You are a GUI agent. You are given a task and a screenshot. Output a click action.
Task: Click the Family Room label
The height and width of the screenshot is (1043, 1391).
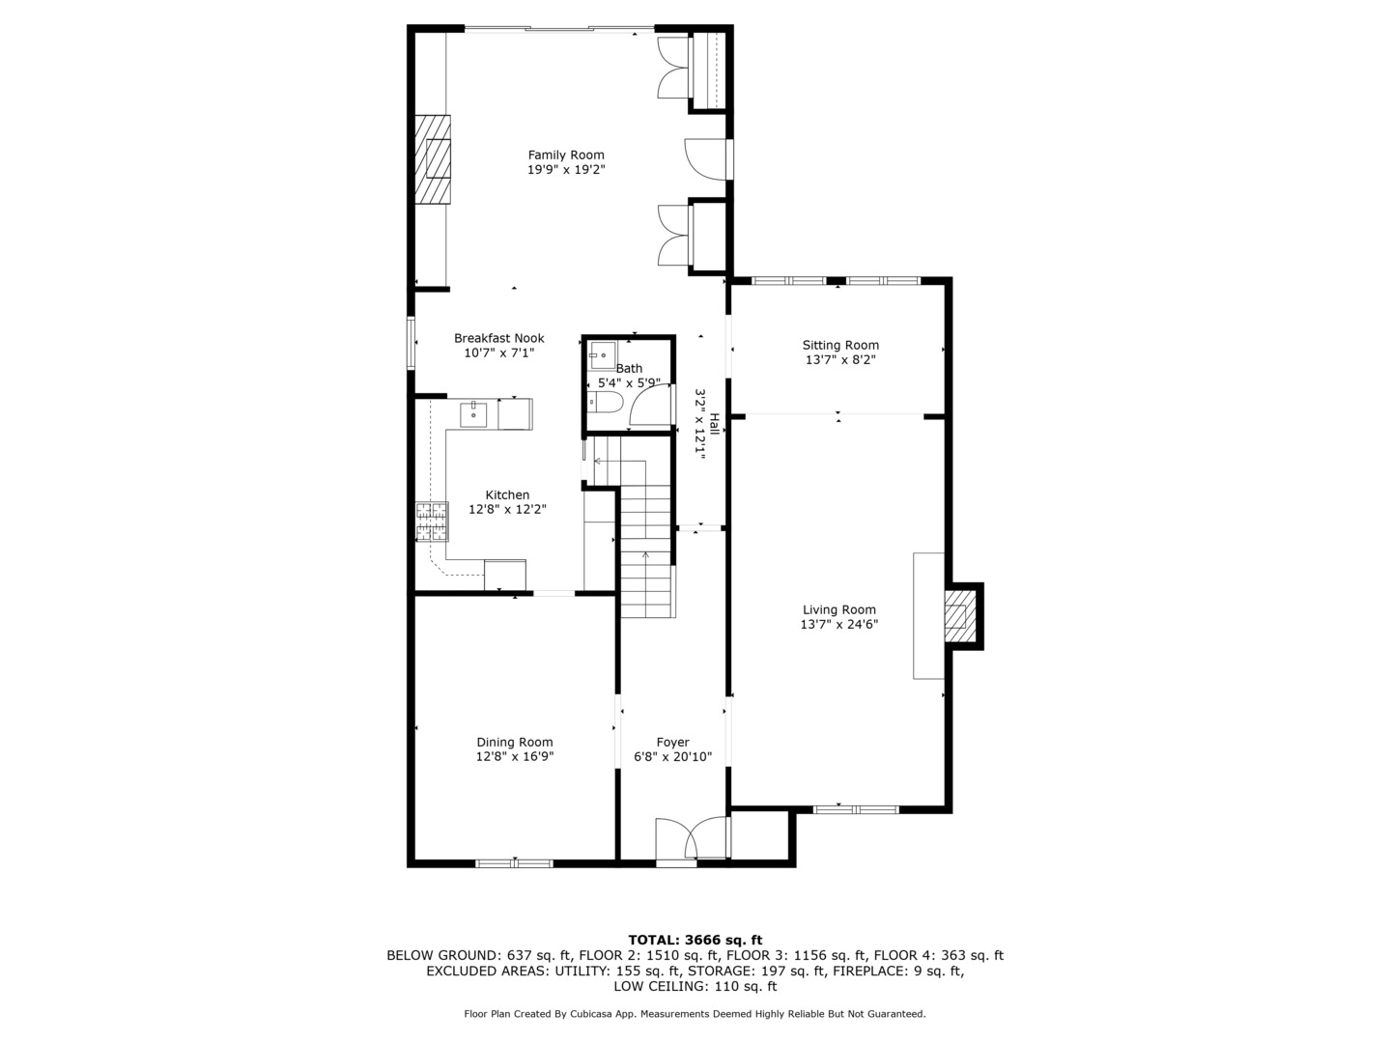tap(566, 155)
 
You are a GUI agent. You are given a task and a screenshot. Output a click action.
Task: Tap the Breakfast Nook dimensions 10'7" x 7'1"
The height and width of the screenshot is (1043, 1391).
tap(498, 353)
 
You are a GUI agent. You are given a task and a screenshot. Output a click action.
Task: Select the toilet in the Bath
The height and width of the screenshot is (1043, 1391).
tap(607, 402)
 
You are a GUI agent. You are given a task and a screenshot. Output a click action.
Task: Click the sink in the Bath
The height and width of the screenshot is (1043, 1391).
tap(603, 355)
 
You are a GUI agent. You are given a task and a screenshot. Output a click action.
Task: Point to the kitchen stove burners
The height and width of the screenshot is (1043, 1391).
tap(432, 521)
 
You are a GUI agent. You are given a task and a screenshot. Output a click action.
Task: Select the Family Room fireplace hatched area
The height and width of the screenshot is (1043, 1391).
tap(434, 159)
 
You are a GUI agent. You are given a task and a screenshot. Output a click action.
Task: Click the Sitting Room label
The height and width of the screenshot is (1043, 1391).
tap(840, 345)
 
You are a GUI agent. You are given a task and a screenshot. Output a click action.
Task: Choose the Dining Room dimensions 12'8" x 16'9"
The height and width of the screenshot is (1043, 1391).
tap(515, 757)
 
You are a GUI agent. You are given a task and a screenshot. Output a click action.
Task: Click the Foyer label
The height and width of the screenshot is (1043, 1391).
tap(672, 743)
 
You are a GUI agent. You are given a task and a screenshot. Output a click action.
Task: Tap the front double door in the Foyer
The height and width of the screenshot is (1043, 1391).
tap(691, 839)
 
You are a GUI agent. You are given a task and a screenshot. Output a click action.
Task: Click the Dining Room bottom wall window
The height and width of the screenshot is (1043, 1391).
tap(514, 862)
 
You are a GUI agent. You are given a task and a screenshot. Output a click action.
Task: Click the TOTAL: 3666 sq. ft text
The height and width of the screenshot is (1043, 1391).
tap(695, 940)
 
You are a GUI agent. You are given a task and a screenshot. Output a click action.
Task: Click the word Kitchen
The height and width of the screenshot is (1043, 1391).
tap(507, 494)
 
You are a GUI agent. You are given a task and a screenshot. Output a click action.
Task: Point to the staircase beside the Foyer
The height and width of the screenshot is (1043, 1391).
tap(645, 541)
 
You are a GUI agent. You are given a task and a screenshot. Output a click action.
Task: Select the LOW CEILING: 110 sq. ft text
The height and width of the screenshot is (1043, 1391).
tap(695, 986)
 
